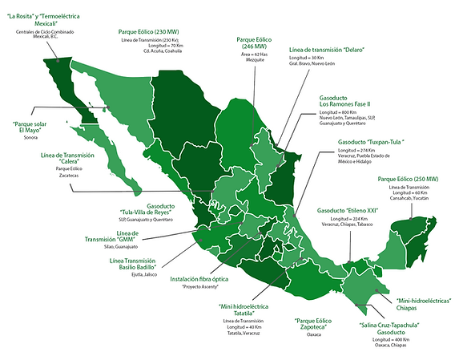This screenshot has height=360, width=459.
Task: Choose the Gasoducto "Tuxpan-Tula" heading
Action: pos(370,142)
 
